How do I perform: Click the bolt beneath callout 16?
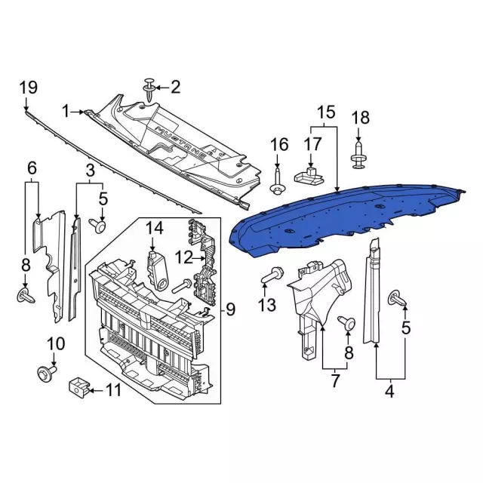pos(278,181)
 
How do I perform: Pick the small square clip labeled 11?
pos(78,387)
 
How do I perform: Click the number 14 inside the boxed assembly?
pos(155,227)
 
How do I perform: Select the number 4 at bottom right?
pos(390,392)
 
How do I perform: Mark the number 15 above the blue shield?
pos(325,113)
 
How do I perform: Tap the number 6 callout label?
pos(32,167)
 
